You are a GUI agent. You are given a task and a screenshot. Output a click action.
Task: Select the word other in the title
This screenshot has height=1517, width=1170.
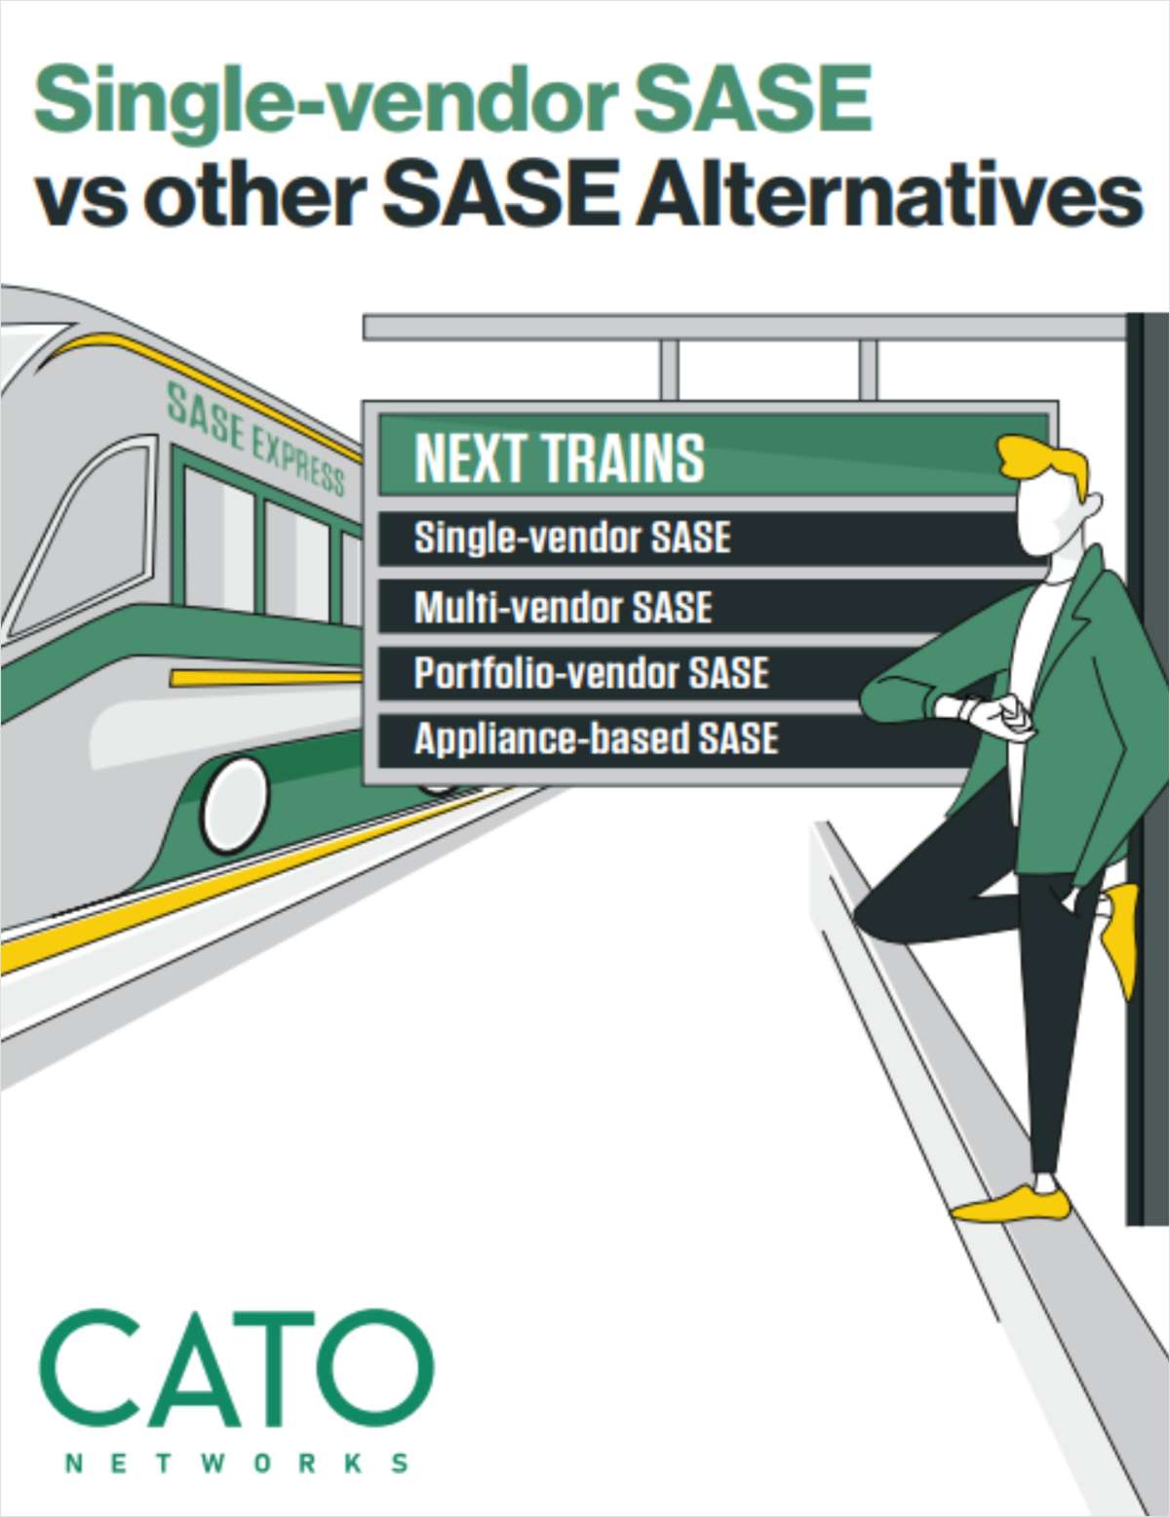point(253,195)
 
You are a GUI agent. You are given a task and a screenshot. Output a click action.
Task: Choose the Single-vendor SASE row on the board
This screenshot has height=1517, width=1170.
point(572,538)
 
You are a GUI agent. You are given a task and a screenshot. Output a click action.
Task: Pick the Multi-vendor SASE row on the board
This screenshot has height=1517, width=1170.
point(563,608)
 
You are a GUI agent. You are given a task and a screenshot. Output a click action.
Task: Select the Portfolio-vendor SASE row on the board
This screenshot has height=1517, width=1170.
point(591,673)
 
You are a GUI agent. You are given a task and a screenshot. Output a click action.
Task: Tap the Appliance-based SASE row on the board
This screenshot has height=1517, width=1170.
point(596,739)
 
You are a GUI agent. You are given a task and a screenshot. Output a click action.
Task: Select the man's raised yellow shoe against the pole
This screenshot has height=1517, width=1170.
point(1121,932)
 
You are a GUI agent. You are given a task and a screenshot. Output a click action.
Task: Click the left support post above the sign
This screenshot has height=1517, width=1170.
point(669,369)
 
